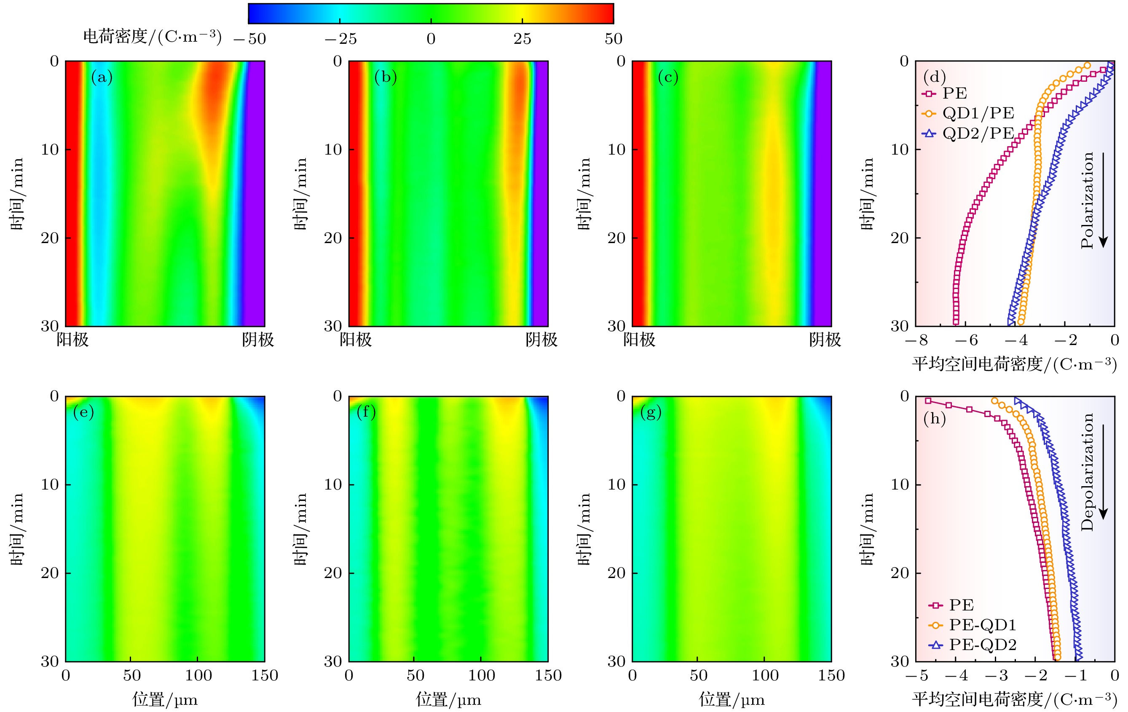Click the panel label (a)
(x=102, y=77)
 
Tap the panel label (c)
(x=667, y=77)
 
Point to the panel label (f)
(x=366, y=412)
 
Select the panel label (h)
(x=934, y=418)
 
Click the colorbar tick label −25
(x=340, y=39)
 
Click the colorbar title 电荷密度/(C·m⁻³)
(x=152, y=37)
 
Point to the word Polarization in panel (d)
(x=1087, y=200)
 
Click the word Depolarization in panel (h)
(x=1087, y=472)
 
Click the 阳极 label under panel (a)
(x=72, y=340)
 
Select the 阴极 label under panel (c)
(x=825, y=340)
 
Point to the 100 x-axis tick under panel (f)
(x=482, y=675)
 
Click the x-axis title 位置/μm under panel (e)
(x=165, y=700)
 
